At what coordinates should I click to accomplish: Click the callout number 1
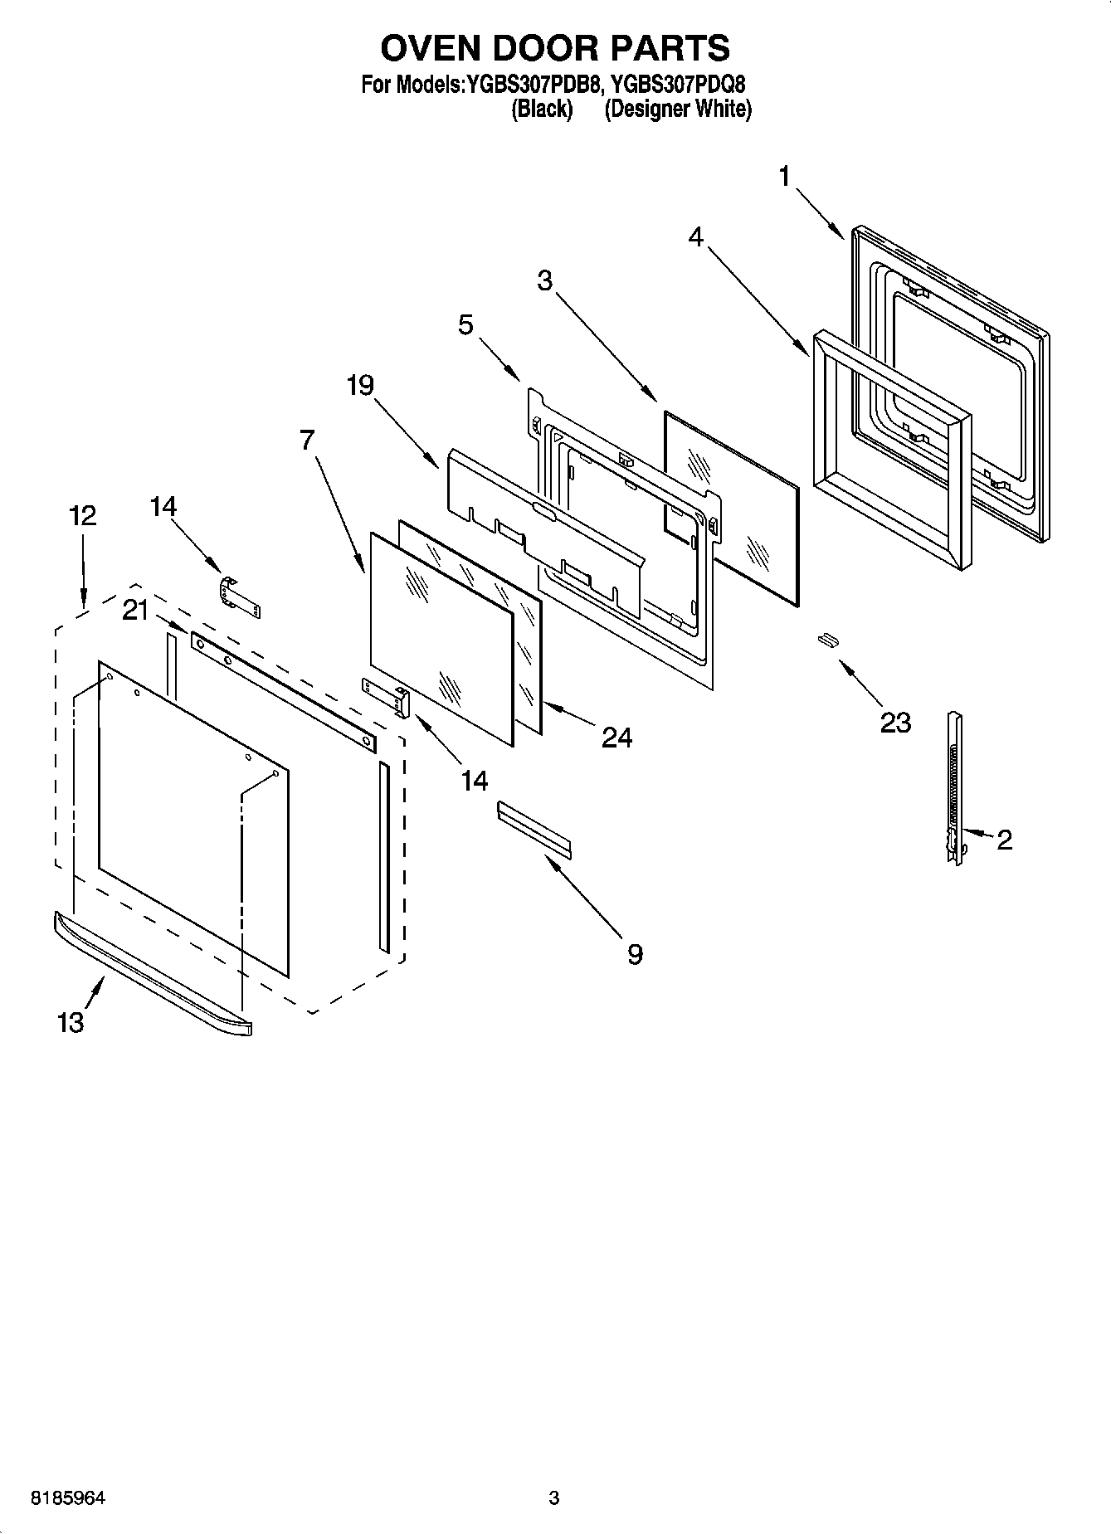point(783,176)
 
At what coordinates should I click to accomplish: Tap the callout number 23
point(895,723)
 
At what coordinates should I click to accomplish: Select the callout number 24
point(616,737)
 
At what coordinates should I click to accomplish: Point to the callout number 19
point(360,385)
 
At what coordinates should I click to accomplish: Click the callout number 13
point(71,1022)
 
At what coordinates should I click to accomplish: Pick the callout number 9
point(634,954)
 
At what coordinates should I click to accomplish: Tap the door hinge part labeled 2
point(955,788)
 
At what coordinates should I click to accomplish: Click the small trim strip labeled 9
point(534,827)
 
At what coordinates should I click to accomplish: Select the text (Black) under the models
point(541,109)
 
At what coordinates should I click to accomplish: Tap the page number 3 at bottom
point(554,1498)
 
